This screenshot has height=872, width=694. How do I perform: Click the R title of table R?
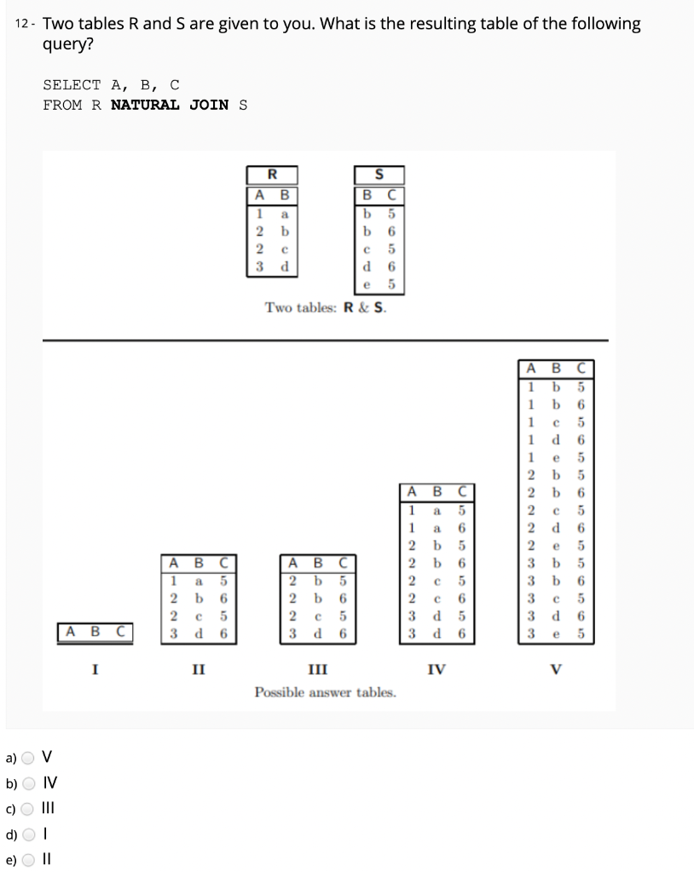[x=272, y=175]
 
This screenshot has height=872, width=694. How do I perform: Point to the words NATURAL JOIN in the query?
[x=171, y=105]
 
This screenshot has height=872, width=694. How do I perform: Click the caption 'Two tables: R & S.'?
[x=325, y=307]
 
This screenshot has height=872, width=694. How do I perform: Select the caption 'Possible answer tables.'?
[x=325, y=691]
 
